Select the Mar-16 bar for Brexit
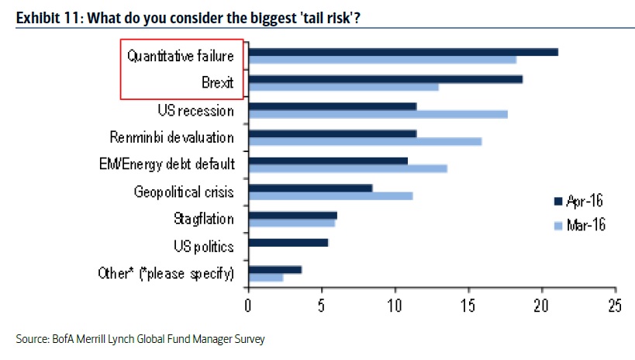point(343,87)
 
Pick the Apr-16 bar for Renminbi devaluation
point(332,133)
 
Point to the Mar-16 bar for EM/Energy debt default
point(347,168)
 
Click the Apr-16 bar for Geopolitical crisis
point(310,187)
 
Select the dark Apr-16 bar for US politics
point(288,242)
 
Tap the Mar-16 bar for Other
point(265,277)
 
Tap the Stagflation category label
point(203,220)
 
